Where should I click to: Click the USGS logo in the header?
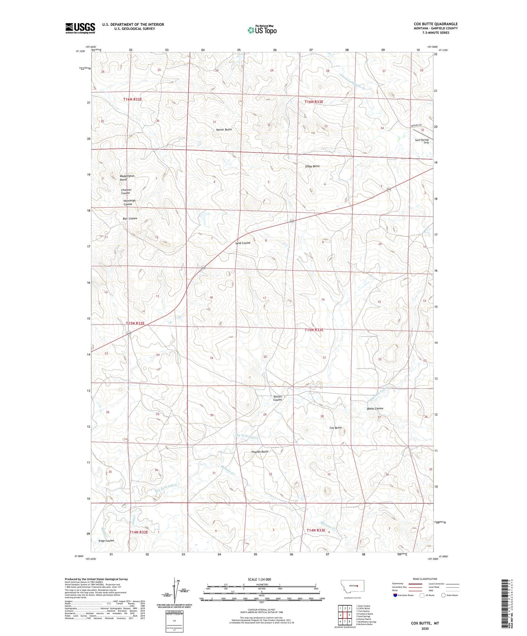click(80, 28)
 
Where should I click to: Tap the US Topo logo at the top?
click(262, 30)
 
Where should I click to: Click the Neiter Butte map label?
click(224, 130)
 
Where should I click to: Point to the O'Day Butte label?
click(312, 166)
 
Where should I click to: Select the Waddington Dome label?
click(127, 178)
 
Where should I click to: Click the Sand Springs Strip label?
click(422, 141)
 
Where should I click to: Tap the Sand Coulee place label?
click(243, 243)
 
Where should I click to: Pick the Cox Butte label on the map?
click(336, 428)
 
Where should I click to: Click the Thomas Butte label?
click(260, 452)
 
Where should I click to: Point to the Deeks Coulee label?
click(375, 409)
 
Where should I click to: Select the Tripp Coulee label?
click(106, 541)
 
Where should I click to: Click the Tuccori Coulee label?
click(278, 398)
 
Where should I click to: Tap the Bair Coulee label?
click(130, 219)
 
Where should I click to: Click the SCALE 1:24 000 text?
click(259, 580)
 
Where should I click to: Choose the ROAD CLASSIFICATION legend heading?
click(425, 579)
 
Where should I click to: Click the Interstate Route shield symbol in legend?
click(395, 595)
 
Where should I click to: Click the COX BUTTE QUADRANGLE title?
click(435, 24)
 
